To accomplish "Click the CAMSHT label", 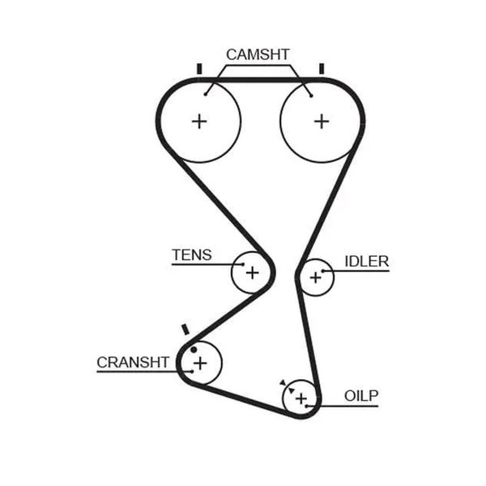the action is pyautogui.click(x=258, y=54).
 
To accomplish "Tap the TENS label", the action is pyautogui.click(x=192, y=255).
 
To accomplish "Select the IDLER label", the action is pyautogui.click(x=367, y=262).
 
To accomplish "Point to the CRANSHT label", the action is pyautogui.click(x=133, y=362).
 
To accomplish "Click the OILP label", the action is pyautogui.click(x=361, y=396).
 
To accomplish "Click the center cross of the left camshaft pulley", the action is pyautogui.click(x=199, y=122).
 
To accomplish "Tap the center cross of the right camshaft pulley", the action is pyautogui.click(x=322, y=122).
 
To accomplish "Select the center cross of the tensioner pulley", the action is pyautogui.click(x=252, y=273).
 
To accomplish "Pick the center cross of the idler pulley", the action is pyautogui.click(x=316, y=277).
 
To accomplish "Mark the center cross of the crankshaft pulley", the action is pyautogui.click(x=200, y=363).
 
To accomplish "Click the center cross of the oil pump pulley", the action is pyautogui.click(x=301, y=399).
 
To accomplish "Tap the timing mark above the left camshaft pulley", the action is pyautogui.click(x=199, y=69).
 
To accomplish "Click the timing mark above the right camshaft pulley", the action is pyautogui.click(x=322, y=69).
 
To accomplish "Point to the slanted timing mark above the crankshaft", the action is pyautogui.click(x=185, y=329).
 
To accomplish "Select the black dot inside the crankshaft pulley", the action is pyautogui.click(x=194, y=350).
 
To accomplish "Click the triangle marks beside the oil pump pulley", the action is pyautogui.click(x=287, y=386).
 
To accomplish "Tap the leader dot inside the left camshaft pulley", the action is pyautogui.click(x=205, y=94).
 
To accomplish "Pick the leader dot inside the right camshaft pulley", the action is pyautogui.click(x=311, y=96).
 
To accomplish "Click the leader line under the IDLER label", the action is pyautogui.click(x=356, y=271).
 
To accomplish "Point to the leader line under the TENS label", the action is pyautogui.click(x=207, y=264).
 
